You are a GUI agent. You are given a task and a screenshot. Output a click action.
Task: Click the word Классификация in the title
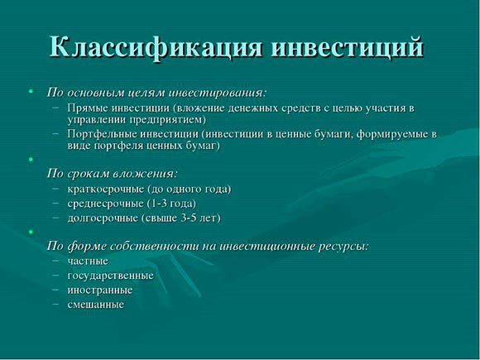click(156, 47)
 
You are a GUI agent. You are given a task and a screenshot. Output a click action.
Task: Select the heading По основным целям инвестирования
click(156, 93)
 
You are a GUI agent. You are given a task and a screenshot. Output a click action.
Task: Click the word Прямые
click(88, 108)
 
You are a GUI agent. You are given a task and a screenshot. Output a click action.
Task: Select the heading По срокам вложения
click(113, 174)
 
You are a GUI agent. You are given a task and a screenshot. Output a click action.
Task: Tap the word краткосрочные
click(106, 190)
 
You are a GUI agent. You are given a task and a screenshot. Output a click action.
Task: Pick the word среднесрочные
click(105, 204)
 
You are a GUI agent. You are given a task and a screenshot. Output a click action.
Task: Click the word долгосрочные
click(103, 218)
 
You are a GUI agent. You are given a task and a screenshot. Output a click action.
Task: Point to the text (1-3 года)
click(171, 204)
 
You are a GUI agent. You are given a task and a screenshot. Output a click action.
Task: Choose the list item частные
click(88, 262)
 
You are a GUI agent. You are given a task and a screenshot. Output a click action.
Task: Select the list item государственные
click(111, 276)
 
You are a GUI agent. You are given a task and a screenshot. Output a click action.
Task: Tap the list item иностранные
click(100, 290)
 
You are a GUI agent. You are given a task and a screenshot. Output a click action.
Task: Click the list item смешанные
click(96, 305)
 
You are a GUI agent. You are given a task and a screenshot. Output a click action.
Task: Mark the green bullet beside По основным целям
click(31, 91)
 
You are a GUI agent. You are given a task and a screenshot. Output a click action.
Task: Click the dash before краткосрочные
click(55, 190)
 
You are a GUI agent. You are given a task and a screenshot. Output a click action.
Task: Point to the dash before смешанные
click(55, 305)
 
